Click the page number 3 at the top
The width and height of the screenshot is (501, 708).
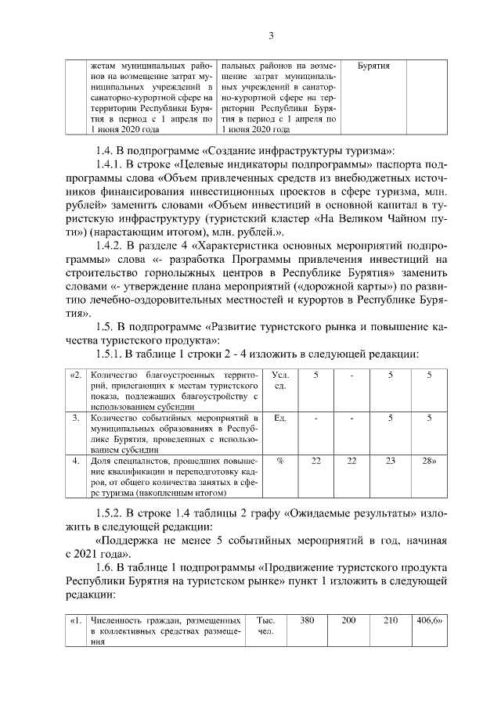coord(270,35)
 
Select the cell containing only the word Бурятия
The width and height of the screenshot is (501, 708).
coord(373,66)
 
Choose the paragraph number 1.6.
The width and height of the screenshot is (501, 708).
coord(105,566)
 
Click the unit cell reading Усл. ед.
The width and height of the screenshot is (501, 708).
coord(280,381)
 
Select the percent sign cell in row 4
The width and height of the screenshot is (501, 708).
coord(279,462)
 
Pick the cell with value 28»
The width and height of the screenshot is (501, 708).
coord(428,462)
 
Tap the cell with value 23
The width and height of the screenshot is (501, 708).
coord(390,462)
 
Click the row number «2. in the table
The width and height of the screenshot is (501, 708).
coord(76,376)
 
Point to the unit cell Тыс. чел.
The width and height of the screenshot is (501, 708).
coord(265,625)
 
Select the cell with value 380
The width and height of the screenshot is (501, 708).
coord(308,620)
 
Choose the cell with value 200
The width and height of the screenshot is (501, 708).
coord(349,620)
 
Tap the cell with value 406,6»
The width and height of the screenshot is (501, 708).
coord(428,620)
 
